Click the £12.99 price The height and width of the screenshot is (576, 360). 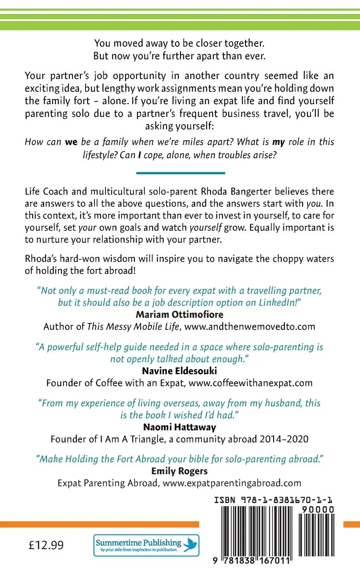click(46, 545)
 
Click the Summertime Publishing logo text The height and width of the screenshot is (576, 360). click(138, 543)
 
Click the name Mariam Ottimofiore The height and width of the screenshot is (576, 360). click(180, 314)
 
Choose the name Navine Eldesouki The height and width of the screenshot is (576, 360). click(180, 371)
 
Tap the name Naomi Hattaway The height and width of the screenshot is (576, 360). click(180, 427)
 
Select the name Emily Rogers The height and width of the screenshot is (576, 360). click(180, 471)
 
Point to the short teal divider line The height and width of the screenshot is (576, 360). click(180, 173)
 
